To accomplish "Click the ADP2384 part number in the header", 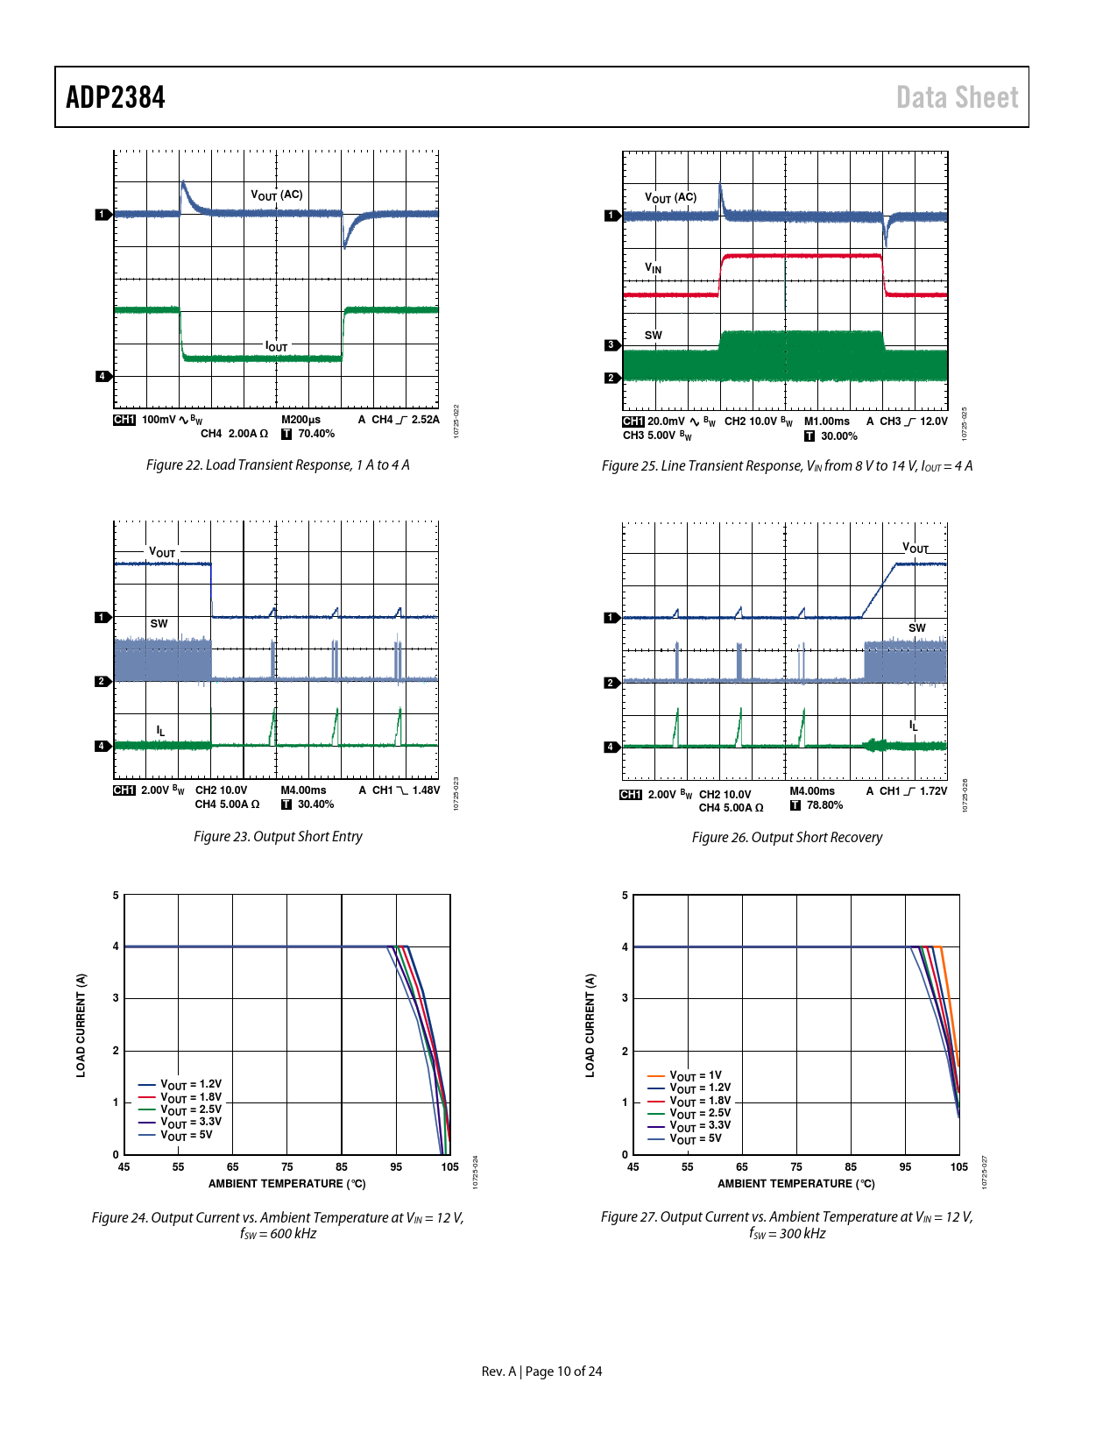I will tap(116, 97).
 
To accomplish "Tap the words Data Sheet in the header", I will tap(957, 97).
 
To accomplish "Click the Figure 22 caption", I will tap(278, 464).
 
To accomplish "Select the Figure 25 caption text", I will tap(787, 465).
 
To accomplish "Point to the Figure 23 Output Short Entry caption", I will tap(278, 836).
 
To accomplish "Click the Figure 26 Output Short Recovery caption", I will tap(787, 837).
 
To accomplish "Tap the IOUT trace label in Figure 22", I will tap(277, 346).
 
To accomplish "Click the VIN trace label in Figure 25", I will tap(654, 267).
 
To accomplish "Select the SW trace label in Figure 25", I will tap(654, 335).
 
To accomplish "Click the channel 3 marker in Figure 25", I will tap(612, 345).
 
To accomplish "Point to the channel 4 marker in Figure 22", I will tap(103, 376).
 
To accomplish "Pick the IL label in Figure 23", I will tap(160, 730).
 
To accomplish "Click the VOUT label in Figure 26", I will tap(916, 548).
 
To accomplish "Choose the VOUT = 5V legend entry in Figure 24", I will tap(186, 1135).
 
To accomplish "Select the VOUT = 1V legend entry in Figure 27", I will tap(696, 1075).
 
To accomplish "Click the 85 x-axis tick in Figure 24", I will tap(342, 1166).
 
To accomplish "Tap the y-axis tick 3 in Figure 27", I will tap(625, 998).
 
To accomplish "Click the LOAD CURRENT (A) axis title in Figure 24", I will tap(81, 1024).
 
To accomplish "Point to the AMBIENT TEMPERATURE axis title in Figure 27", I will tap(795, 1183).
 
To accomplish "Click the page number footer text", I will tap(541, 1371).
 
